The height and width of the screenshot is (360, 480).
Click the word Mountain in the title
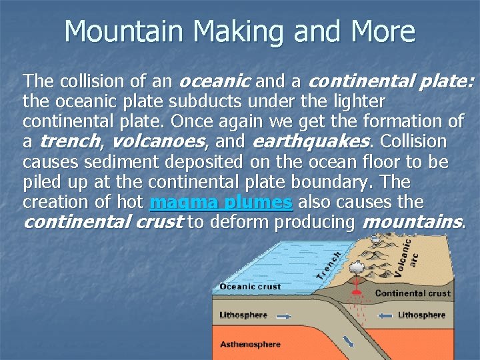coord(113,32)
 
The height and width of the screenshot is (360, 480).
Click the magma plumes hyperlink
coord(221,202)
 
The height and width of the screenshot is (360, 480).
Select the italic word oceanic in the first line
coord(215,82)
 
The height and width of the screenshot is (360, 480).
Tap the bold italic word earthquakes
coord(311,142)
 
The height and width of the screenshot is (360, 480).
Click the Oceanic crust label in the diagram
coord(250,287)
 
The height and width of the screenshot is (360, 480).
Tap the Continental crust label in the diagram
coord(413,293)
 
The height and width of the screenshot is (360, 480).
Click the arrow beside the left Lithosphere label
coord(283,315)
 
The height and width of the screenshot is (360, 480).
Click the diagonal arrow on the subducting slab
coord(348,341)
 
